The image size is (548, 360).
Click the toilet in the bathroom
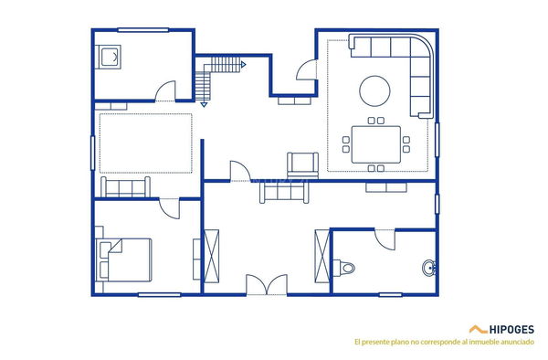pos(345,268)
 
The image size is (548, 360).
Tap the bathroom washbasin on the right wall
pos(428,268)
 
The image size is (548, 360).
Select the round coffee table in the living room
pos(374,90)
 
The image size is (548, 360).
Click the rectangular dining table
pos(375,143)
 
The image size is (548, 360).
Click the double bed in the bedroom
pos(126,259)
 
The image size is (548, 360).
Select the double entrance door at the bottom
pos(268,284)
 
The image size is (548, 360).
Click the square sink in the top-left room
pos(111,57)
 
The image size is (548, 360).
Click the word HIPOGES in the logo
pos(511,329)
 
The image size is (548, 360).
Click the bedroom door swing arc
pos(169,208)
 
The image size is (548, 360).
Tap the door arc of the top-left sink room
pos(165,91)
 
